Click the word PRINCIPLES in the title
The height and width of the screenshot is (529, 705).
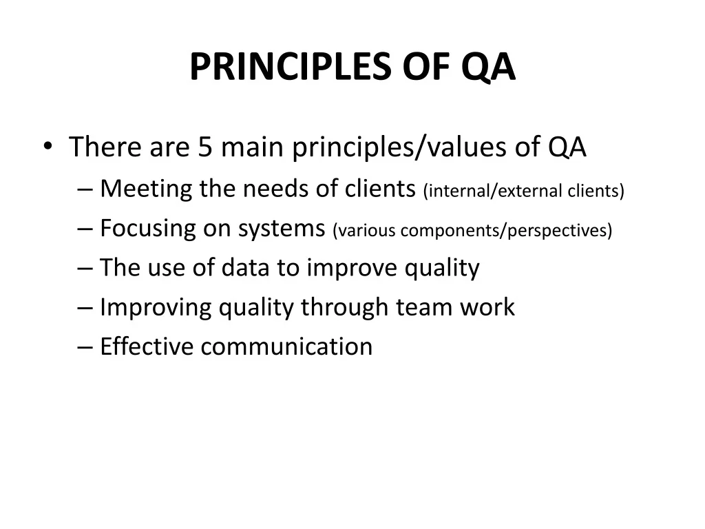click(x=291, y=67)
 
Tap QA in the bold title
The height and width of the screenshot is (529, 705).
click(x=488, y=67)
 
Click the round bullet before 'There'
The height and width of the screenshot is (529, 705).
click(x=48, y=146)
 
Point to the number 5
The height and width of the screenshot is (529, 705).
click(x=205, y=147)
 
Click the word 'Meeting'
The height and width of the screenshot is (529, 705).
click(x=146, y=189)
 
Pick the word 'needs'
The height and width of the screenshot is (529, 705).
click(x=275, y=189)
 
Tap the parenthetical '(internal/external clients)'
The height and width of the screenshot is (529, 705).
click(x=524, y=191)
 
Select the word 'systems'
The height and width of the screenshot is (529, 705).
click(x=282, y=229)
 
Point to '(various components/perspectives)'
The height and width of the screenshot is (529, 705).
click(x=472, y=230)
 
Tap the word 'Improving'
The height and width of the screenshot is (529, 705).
click(x=156, y=308)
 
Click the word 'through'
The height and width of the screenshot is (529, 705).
click(x=344, y=307)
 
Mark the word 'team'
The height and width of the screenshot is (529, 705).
click(x=423, y=308)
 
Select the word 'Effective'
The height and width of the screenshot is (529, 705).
click(x=147, y=346)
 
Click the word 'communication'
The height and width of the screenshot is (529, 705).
click(x=286, y=347)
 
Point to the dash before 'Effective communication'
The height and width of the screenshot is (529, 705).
click(x=85, y=347)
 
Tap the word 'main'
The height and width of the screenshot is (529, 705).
click(x=252, y=147)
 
